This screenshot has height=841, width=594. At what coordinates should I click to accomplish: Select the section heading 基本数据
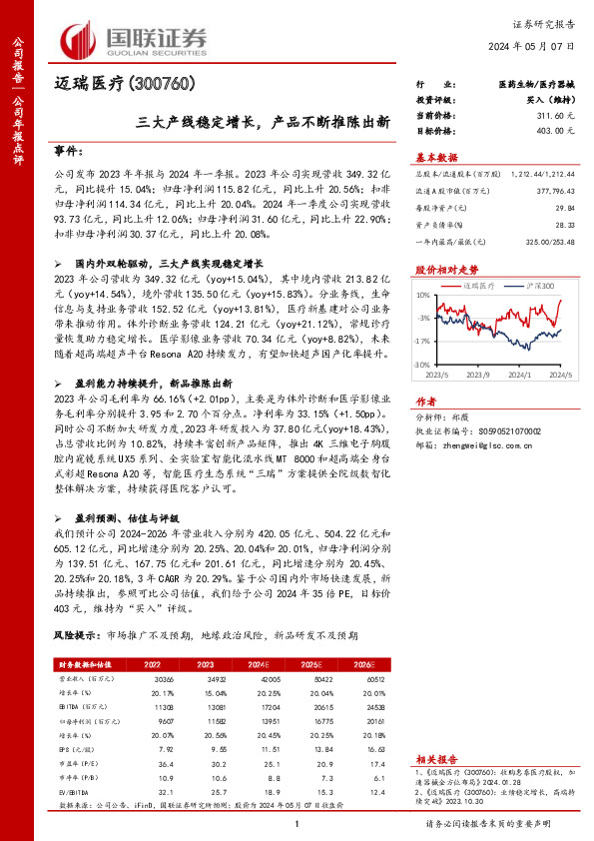click(436, 157)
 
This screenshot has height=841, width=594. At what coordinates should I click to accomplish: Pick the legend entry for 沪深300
click(540, 287)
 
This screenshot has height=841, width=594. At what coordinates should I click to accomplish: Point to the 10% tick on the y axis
click(424, 297)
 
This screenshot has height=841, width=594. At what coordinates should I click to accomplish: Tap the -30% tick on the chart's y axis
click(423, 365)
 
